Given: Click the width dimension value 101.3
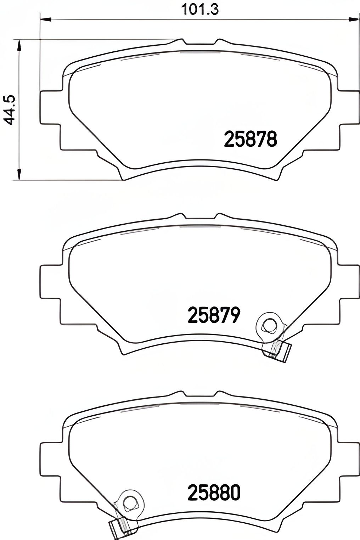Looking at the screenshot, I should pyautogui.click(x=200, y=9).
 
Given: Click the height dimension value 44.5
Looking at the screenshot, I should pyautogui.click(x=10, y=109).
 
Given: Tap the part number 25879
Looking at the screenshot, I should pyautogui.click(x=214, y=315).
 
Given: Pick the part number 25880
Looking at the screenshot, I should pyautogui.click(x=214, y=493).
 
